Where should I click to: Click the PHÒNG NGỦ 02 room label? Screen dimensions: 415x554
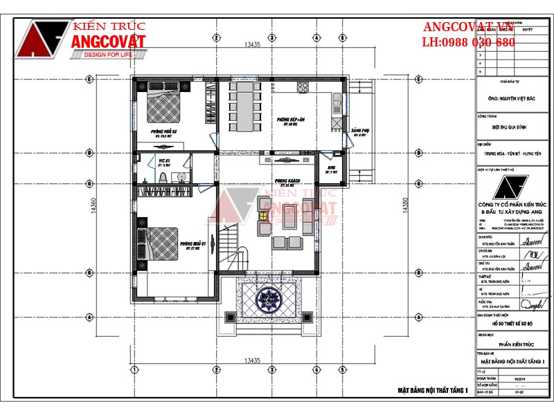tap(166, 131)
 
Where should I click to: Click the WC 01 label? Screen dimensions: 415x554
tap(164, 161)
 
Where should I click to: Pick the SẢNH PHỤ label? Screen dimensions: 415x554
tap(359, 131)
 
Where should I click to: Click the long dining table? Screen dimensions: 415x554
tap(244, 107)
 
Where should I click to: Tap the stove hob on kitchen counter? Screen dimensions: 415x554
tap(303, 87)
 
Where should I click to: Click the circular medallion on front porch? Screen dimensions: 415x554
tap(267, 298)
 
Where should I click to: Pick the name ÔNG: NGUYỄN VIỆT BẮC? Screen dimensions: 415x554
tap(513, 99)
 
